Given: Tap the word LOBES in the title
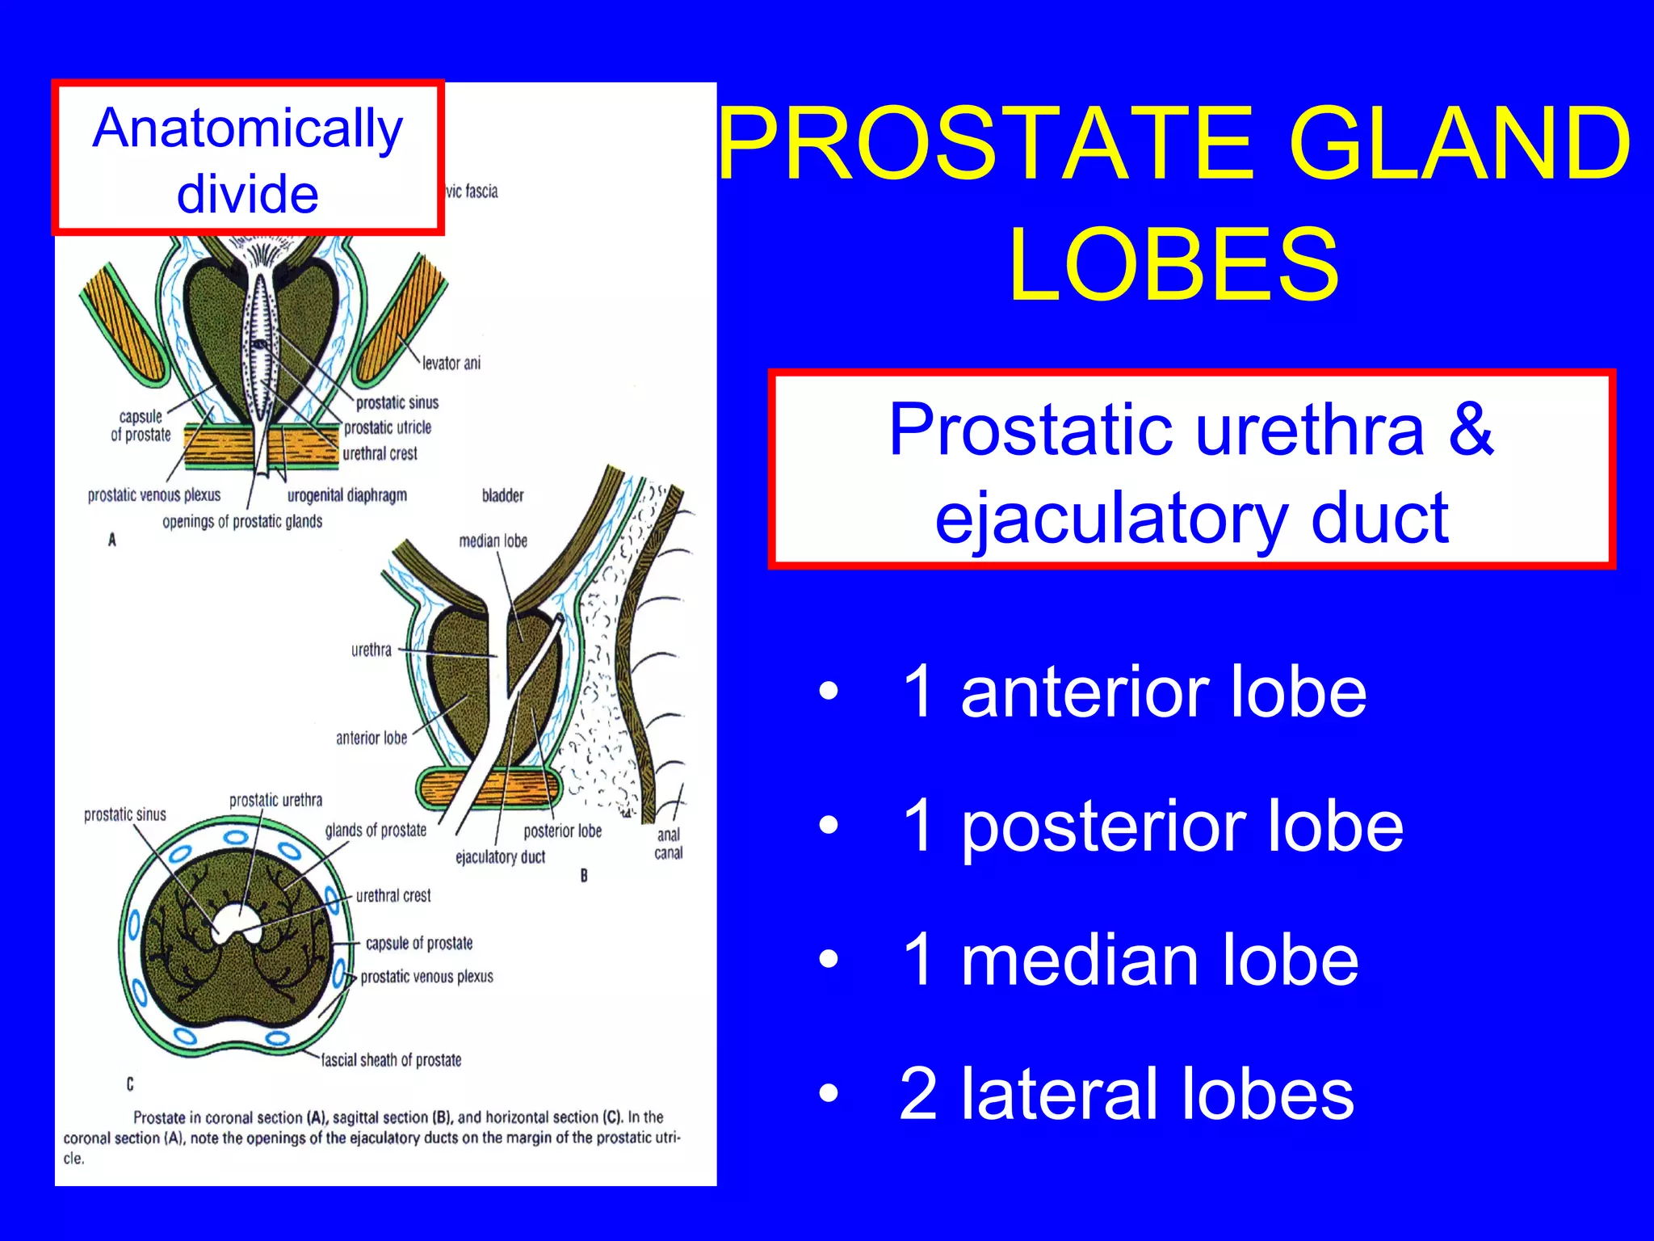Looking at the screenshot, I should click(1174, 265).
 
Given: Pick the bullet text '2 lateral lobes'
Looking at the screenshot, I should click(1126, 1093).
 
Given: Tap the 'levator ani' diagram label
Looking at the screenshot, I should click(451, 363).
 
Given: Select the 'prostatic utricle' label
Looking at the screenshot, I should click(388, 427).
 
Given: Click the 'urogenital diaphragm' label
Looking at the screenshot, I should click(347, 495).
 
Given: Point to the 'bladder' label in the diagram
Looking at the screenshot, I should click(502, 495).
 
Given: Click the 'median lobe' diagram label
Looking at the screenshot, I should click(493, 541).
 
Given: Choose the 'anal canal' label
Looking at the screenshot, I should click(669, 843).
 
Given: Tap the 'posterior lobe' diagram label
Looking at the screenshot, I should click(562, 831).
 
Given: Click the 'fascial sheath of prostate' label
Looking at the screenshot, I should click(391, 1060).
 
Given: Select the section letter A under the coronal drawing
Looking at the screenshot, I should click(112, 540).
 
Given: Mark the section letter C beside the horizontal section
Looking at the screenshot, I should click(130, 1084).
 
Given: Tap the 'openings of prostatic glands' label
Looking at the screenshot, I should click(242, 522).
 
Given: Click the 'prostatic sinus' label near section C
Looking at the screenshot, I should click(125, 814).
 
